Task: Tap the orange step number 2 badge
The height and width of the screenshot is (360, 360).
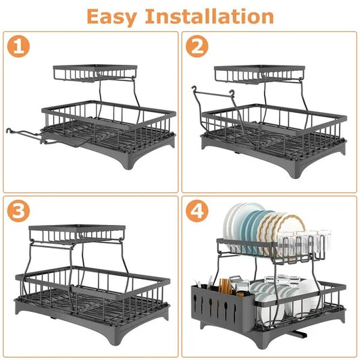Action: (x=198, y=48)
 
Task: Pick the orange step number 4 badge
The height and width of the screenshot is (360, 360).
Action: (x=198, y=211)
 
